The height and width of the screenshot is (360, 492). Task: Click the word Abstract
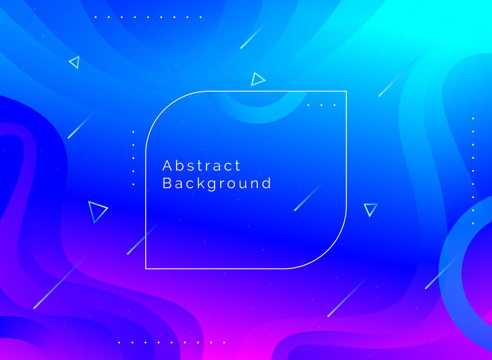[201, 166]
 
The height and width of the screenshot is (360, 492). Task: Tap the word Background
[217, 184]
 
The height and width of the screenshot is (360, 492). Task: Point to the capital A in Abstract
[167, 166]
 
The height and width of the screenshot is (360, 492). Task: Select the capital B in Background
[167, 183]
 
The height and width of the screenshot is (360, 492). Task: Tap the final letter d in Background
[267, 183]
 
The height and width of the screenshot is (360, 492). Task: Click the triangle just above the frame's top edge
[257, 79]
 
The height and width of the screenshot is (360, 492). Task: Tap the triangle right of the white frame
[370, 209]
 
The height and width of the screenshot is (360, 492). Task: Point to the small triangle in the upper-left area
[75, 62]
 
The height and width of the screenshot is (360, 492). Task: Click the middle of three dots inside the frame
[321, 105]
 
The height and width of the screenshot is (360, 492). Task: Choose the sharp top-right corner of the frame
[346, 92]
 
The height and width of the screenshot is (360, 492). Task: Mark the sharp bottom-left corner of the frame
[146, 268]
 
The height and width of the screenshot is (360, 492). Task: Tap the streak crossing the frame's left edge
[142, 240]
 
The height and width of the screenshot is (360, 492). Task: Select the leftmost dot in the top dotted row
[95, 17]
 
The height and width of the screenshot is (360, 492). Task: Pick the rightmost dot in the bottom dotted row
[224, 342]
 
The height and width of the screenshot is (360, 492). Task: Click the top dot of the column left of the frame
[133, 132]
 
